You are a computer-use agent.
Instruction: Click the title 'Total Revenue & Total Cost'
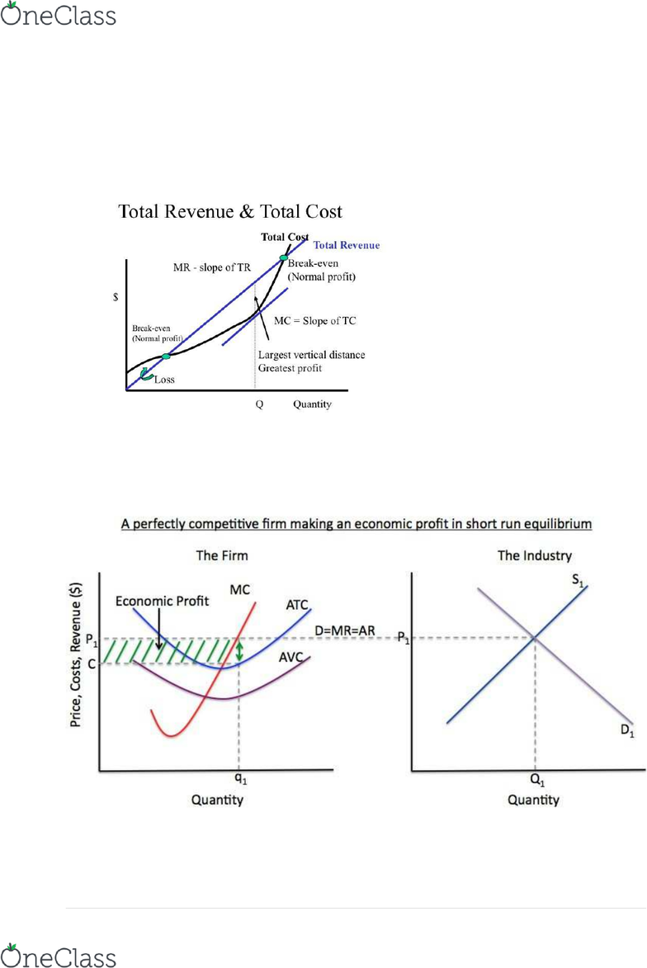click(x=230, y=212)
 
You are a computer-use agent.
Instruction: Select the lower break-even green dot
click(x=167, y=356)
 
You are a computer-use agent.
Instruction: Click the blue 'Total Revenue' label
click(x=347, y=245)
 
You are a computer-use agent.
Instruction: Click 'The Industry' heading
click(x=535, y=556)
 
